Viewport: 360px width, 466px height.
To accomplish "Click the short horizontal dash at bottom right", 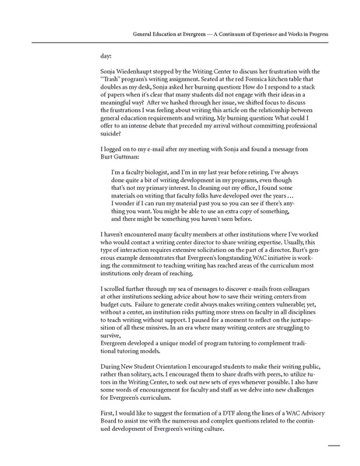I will [x=335, y=447].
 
